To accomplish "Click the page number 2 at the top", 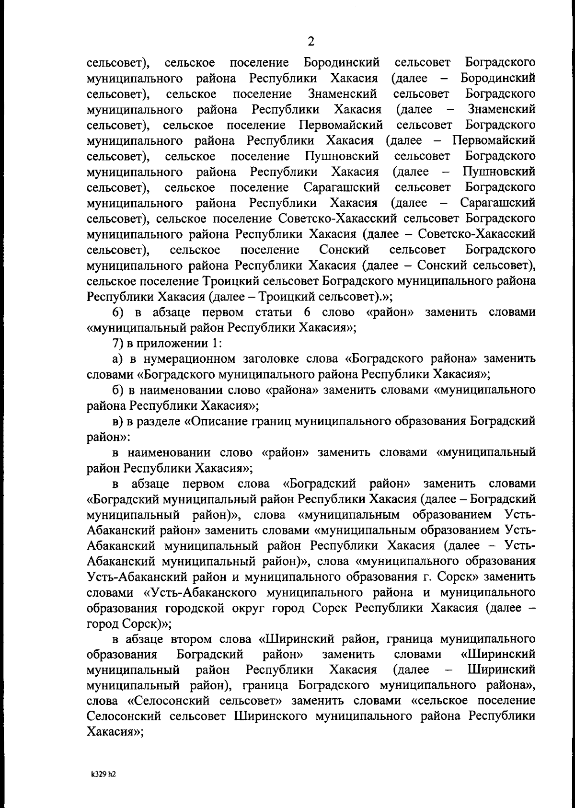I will coord(310,42).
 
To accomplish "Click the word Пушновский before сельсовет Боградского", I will coord(342,156).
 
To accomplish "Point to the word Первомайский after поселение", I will coord(341,125).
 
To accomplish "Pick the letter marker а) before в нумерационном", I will coord(118,359).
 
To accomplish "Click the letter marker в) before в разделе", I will coord(118,421).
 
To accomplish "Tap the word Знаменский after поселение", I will coord(343,94).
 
